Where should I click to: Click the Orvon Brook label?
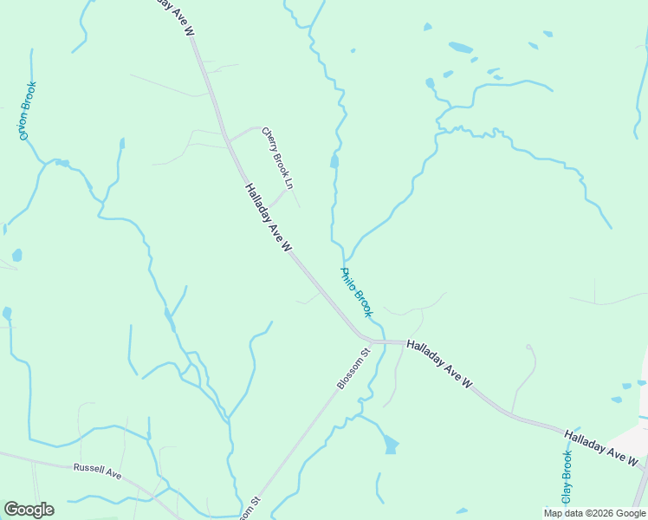(x=28, y=111)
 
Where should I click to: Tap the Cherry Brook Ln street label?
(x=278, y=159)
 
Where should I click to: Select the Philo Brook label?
(x=356, y=292)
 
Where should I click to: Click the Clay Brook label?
(x=567, y=478)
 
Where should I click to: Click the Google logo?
(x=29, y=510)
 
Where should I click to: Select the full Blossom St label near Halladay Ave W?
(x=353, y=368)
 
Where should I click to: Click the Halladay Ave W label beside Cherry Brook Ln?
(x=268, y=218)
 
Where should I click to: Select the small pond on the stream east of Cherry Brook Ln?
(x=334, y=161)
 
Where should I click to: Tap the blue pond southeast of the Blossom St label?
(x=391, y=445)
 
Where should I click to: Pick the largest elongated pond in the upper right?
(x=461, y=48)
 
